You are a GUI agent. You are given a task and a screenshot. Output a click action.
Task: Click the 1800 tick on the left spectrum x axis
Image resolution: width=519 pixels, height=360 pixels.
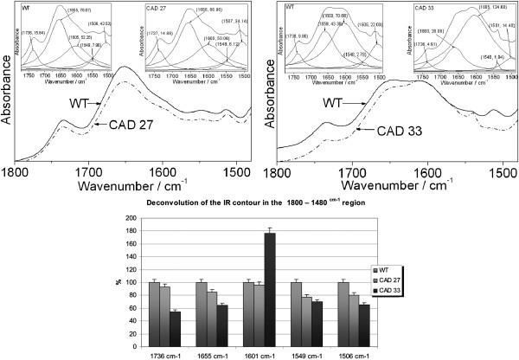[x=17, y=171]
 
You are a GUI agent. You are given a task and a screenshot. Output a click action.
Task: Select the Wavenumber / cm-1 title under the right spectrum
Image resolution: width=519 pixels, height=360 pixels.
[x=385, y=184]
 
